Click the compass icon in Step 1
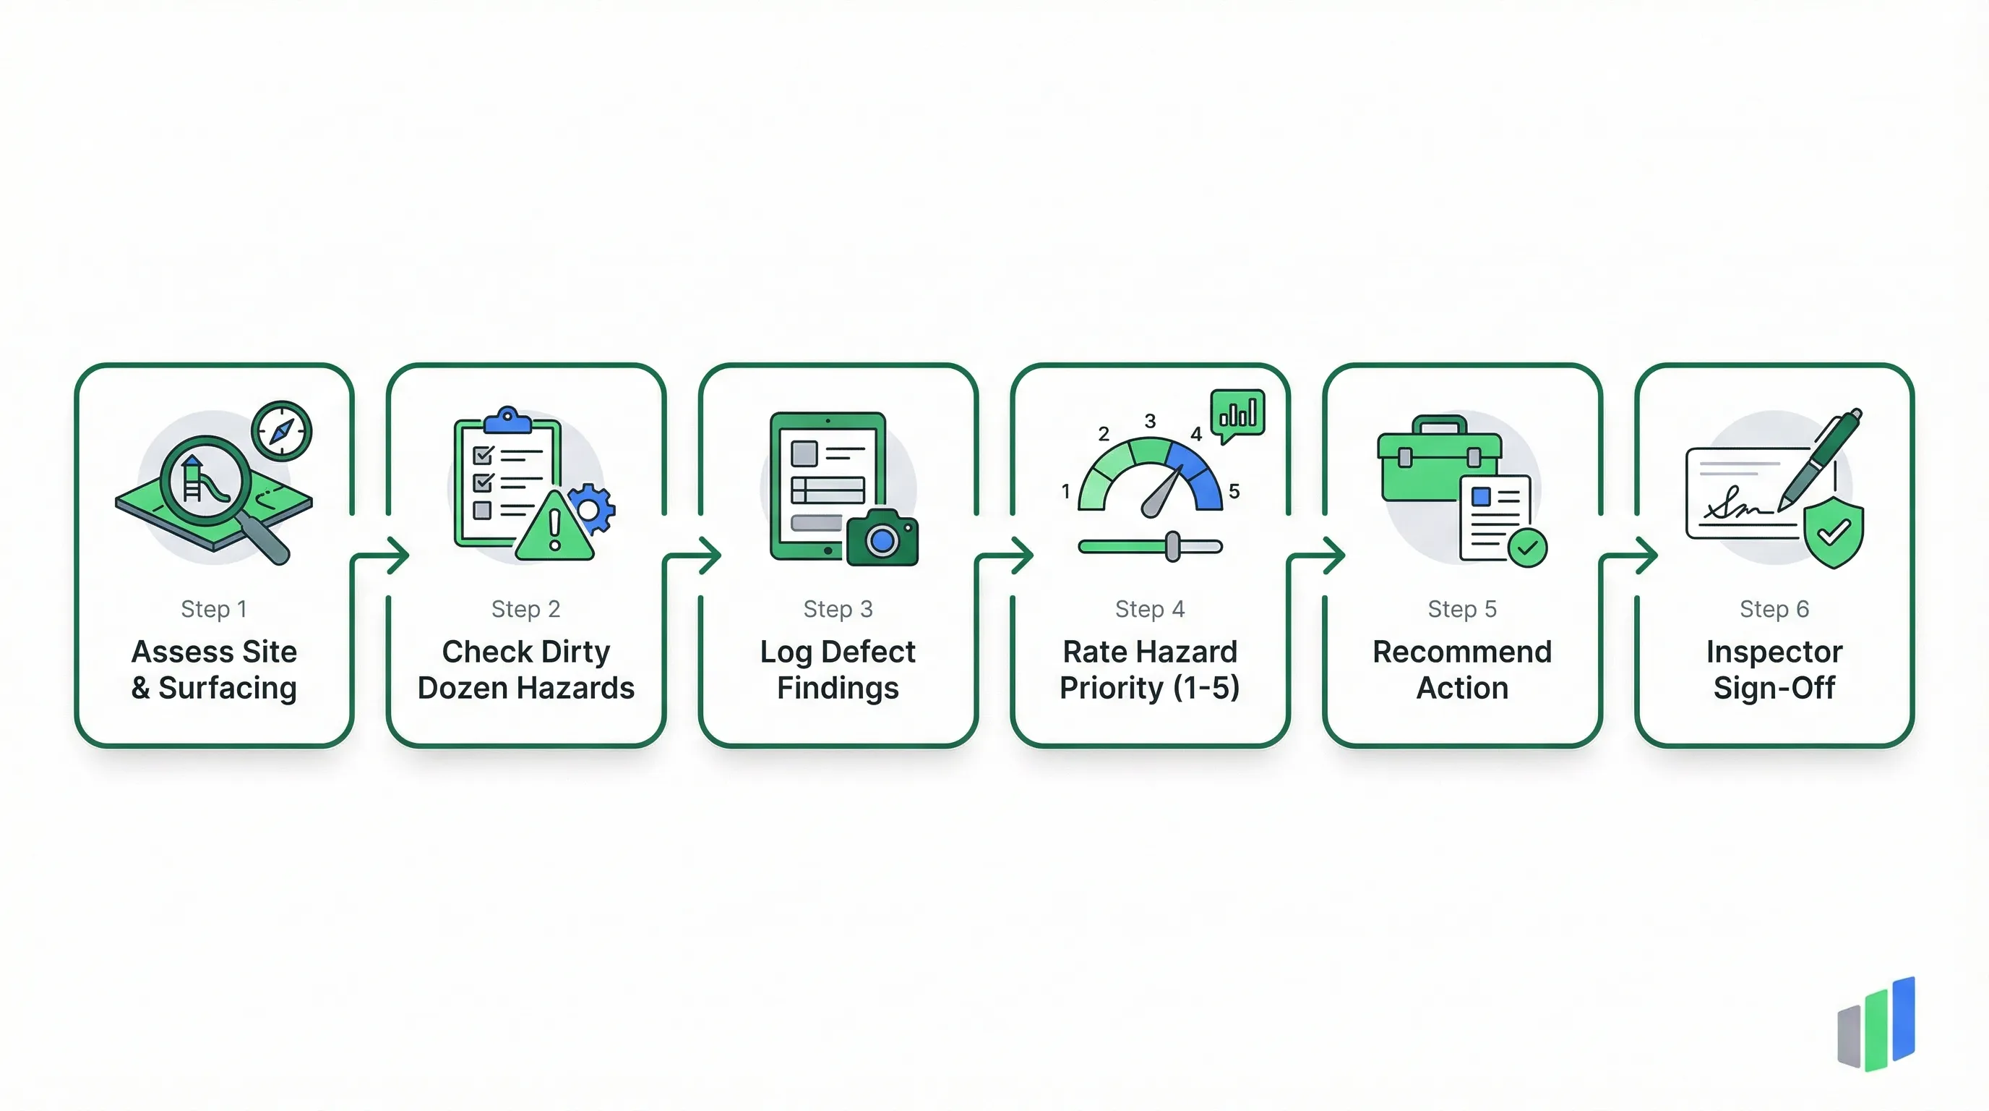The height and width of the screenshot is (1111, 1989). pyautogui.click(x=282, y=430)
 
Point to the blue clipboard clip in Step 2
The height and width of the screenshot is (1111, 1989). pyautogui.click(x=507, y=420)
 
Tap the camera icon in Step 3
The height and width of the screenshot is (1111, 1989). pyautogui.click(x=882, y=539)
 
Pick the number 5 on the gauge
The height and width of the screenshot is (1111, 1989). pyautogui.click(x=1234, y=491)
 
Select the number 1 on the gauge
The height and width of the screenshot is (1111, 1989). pyautogui.click(x=1065, y=491)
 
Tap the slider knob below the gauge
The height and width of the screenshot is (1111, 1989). pyautogui.click(x=1172, y=546)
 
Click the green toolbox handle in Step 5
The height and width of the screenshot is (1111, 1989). pyautogui.click(x=1438, y=424)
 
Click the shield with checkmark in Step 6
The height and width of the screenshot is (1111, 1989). pyautogui.click(x=1833, y=532)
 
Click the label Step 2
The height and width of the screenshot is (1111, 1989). pyautogui.click(x=526, y=609)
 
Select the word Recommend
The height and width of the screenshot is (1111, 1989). pyautogui.click(x=1461, y=652)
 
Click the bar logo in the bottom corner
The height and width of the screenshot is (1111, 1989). pyautogui.click(x=1876, y=1023)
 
